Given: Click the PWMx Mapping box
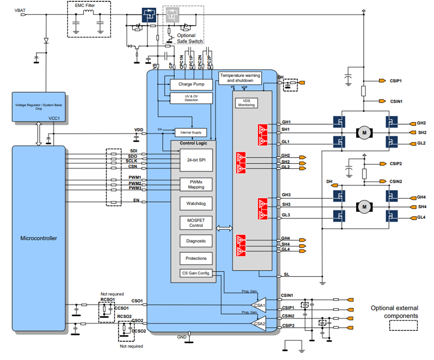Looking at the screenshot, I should pos(196,184).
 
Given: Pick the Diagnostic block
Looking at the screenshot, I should pos(196,241).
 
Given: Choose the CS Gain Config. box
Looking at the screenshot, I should pos(196,273).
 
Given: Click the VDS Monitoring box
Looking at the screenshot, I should pos(246,102).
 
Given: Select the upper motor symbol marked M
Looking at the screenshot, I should pos(364,132).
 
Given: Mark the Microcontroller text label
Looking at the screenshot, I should pos(39,238).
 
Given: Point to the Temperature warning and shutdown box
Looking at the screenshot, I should pos(240,78).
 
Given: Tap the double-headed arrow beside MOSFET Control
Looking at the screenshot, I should pos(224,228).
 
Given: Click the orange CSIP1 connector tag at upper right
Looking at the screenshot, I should pos(382,81).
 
